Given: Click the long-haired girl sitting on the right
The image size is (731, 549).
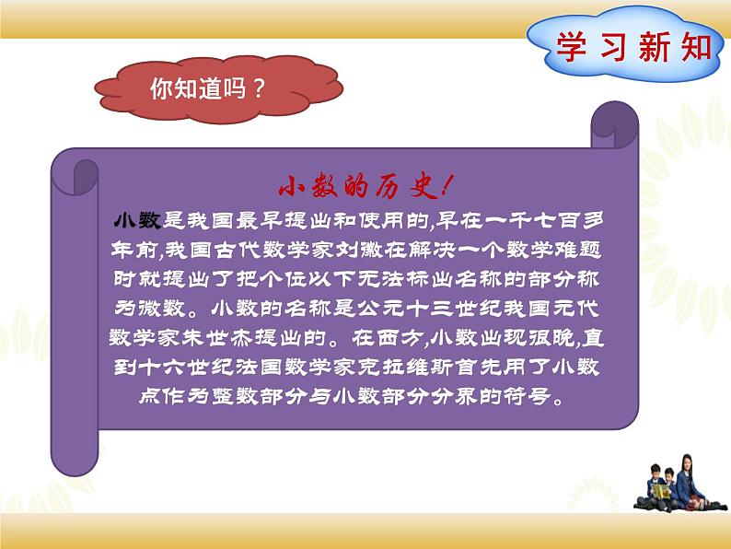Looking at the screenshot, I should click(x=689, y=479).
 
